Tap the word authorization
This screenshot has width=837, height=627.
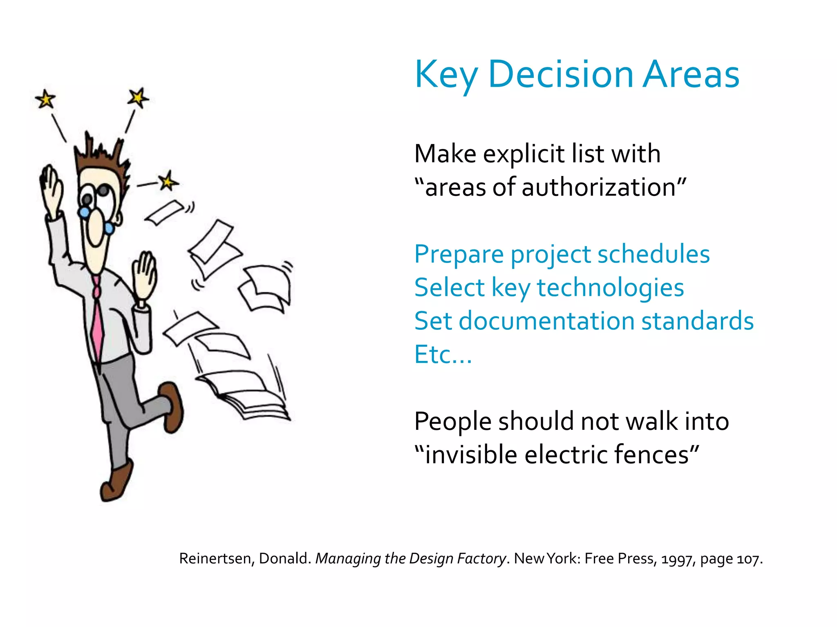(x=600, y=187)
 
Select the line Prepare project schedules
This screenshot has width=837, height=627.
(x=562, y=254)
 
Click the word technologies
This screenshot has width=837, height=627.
(x=610, y=288)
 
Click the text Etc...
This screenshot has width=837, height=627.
(x=443, y=354)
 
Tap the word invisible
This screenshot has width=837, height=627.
(x=470, y=455)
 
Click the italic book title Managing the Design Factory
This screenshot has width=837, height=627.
(x=411, y=558)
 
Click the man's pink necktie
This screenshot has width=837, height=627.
(x=97, y=322)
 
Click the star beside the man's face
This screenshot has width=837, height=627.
(x=167, y=181)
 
